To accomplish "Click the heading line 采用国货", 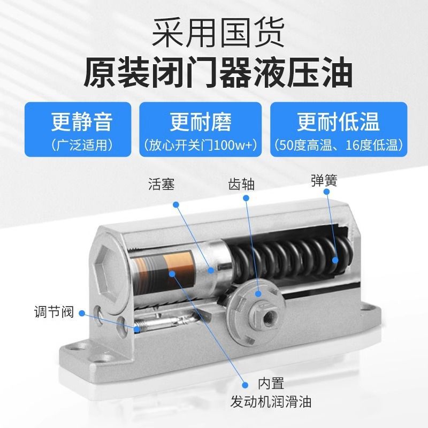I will click(214, 33).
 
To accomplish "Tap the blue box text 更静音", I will click(82, 121).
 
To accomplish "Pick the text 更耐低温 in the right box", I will click(339, 121).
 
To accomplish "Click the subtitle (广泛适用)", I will click(82, 145).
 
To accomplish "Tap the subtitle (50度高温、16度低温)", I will click(339, 145).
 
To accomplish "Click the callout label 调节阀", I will click(58, 312).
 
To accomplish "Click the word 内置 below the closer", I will click(271, 383).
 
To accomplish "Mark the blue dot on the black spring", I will click(335, 261).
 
